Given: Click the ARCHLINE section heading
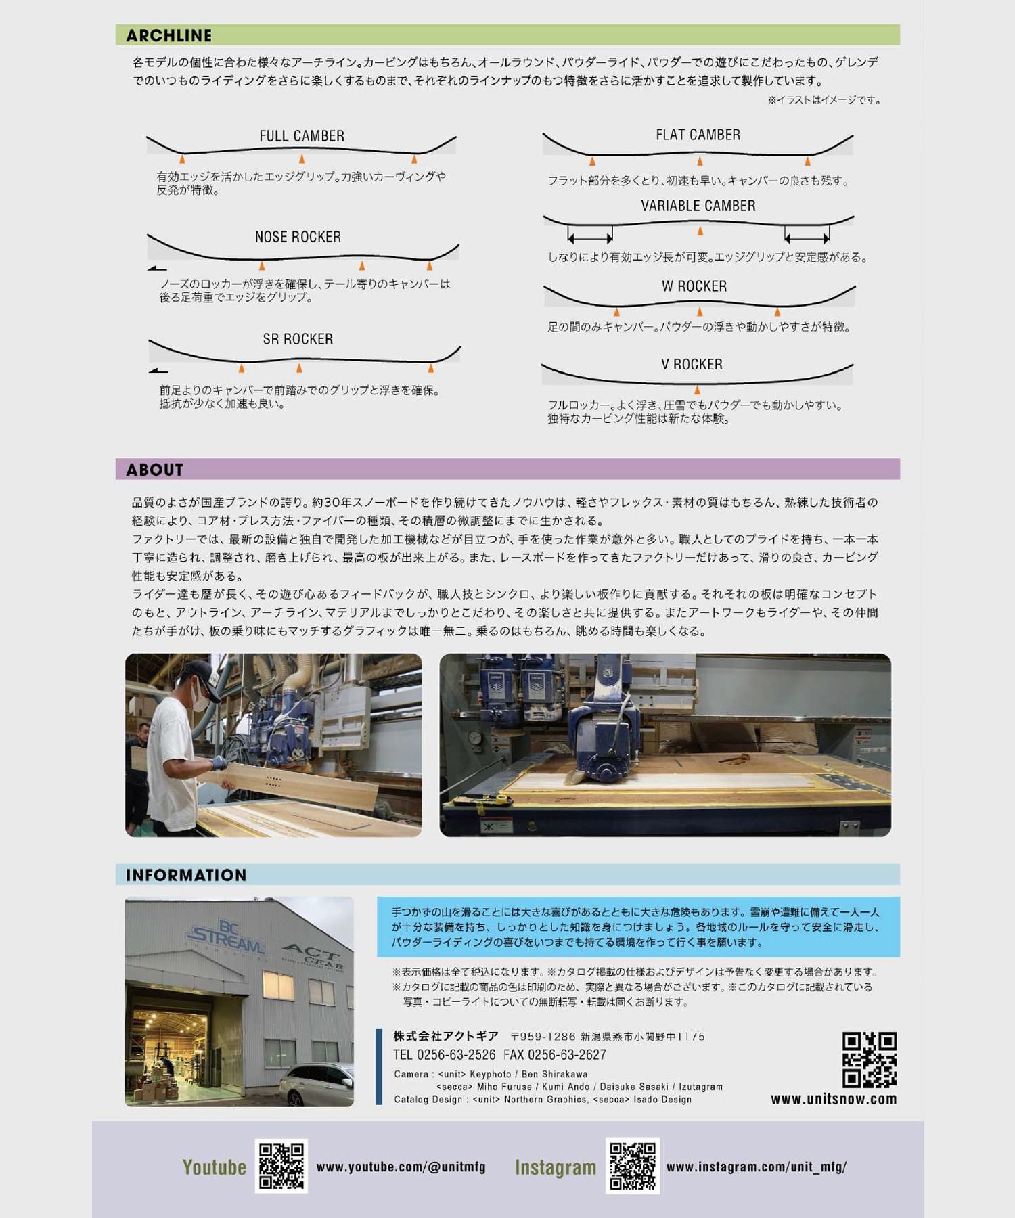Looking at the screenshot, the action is (x=168, y=35).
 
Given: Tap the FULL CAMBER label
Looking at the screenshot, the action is (x=302, y=136).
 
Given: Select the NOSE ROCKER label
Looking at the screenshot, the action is (x=298, y=237).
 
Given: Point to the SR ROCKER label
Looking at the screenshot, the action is (x=298, y=339).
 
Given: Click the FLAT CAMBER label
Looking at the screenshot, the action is (x=698, y=135).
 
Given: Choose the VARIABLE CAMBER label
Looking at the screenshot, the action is (x=698, y=206).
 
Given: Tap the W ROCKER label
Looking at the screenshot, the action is (x=694, y=286).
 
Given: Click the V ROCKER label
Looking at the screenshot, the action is (x=692, y=364).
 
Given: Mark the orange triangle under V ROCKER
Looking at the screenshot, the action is (x=697, y=390).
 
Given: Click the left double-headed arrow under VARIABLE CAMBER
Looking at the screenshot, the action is (x=590, y=238).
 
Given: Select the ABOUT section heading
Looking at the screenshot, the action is (x=154, y=470).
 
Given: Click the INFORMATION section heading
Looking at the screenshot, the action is (x=186, y=875).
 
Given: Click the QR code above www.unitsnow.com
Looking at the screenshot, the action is (x=870, y=1060).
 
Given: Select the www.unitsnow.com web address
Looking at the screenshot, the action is (x=834, y=1100).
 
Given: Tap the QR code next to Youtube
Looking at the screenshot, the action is (x=281, y=1167).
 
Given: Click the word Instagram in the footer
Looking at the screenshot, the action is (x=556, y=1167).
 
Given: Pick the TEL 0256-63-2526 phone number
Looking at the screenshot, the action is (x=445, y=1055).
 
